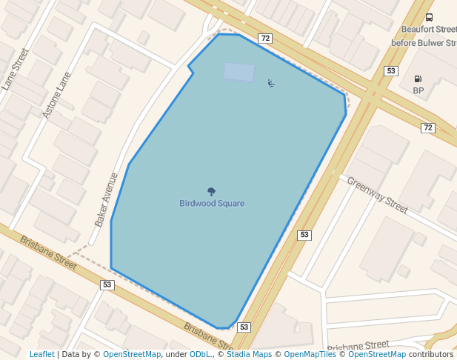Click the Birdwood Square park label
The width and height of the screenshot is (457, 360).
212,203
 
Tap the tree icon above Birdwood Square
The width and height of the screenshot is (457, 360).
212,192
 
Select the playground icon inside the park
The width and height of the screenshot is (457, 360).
271,83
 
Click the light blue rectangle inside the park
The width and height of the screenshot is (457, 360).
238,72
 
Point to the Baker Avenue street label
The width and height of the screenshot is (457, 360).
107,199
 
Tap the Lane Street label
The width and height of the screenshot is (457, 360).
15,69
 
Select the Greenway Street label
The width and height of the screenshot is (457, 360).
377,195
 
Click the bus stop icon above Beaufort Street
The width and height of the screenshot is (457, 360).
429,18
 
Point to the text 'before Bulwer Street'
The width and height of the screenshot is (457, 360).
424,43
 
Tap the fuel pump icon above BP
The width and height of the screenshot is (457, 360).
418,79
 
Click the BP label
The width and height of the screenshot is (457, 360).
418,90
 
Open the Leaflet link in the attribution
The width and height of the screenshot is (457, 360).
41,354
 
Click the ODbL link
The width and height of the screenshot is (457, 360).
200,354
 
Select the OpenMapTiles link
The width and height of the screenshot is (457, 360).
310,354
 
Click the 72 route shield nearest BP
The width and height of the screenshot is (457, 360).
427,128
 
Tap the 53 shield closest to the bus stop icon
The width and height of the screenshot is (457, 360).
390,71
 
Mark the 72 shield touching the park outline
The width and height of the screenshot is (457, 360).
264,38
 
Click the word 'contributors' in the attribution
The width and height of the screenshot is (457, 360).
430,354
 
